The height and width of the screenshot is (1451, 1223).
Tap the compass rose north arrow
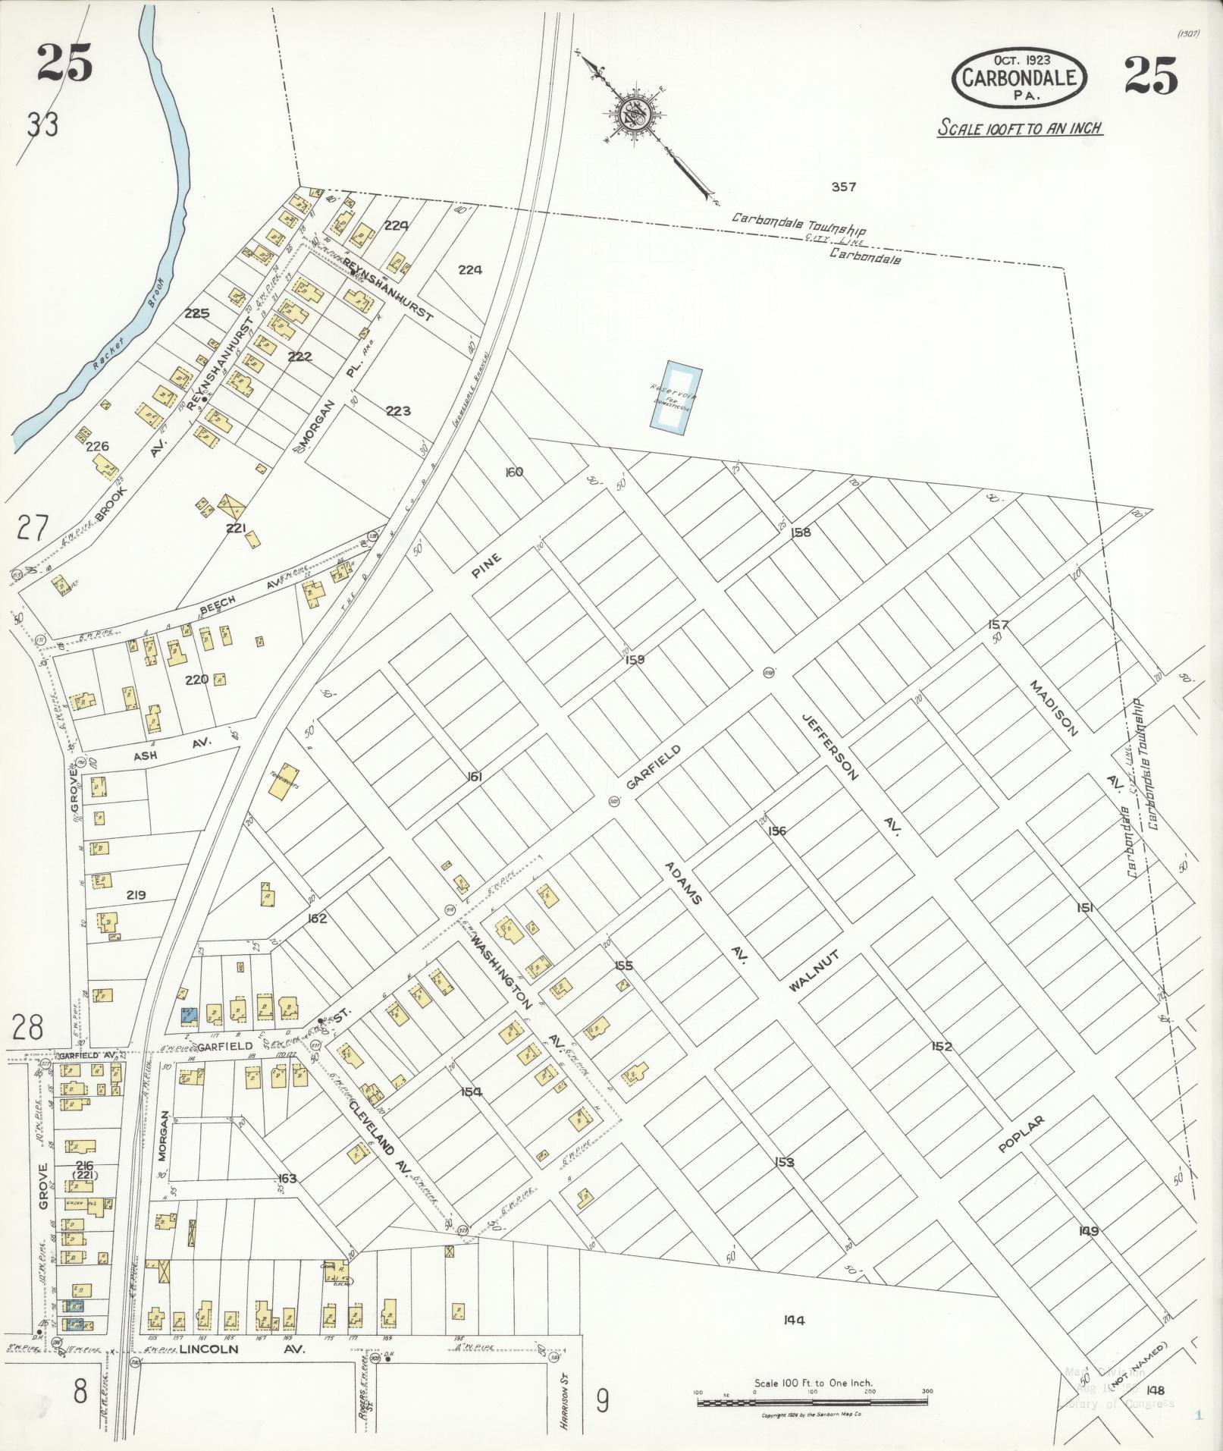632,115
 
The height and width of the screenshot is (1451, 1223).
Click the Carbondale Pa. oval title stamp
1020,76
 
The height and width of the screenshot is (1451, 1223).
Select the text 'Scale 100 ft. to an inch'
1019,127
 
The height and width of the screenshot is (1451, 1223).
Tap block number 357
843,187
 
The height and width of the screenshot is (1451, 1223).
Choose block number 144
795,1320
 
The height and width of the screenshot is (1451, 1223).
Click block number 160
514,472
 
